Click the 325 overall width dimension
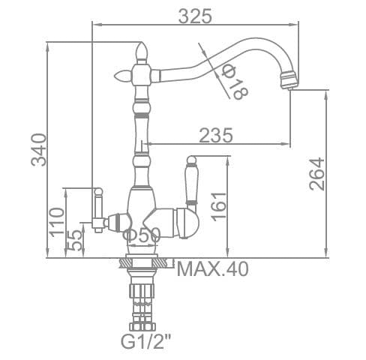195,16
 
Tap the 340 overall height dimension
39,150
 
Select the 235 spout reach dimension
216,135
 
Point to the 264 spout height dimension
316,174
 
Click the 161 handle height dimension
218,207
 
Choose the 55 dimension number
74,240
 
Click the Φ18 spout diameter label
235,82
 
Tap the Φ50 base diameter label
142,235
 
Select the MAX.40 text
213,269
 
